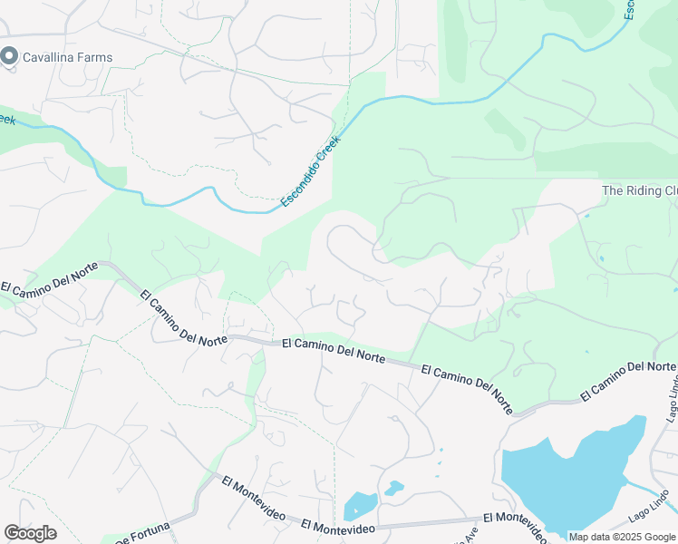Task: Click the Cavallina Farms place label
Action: (68, 57)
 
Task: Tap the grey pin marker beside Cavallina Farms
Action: (10, 56)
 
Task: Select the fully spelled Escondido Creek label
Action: (307, 171)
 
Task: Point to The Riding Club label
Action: (639, 190)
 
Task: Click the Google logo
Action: (30, 533)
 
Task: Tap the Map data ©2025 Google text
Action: (622, 537)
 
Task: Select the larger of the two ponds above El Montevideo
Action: (360, 505)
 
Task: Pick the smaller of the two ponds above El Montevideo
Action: (393, 488)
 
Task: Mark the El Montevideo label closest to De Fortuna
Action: (253, 498)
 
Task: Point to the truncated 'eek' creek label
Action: (7, 119)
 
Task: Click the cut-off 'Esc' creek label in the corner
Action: (628, 9)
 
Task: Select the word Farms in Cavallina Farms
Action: (95, 57)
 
